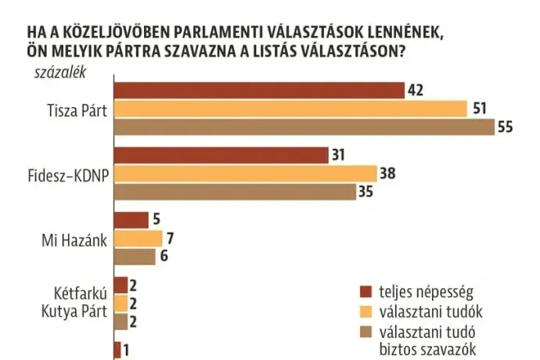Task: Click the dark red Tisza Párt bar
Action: click(259, 90)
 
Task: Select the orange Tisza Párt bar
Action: click(290, 109)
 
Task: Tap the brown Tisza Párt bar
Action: click(304, 128)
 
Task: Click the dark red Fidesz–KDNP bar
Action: click(221, 155)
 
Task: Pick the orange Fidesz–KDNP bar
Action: click(245, 174)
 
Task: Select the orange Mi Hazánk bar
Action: click(138, 238)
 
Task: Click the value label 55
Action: click(506, 128)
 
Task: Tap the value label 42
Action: click(416, 90)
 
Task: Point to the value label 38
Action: click(387, 174)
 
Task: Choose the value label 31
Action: click(338, 155)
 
